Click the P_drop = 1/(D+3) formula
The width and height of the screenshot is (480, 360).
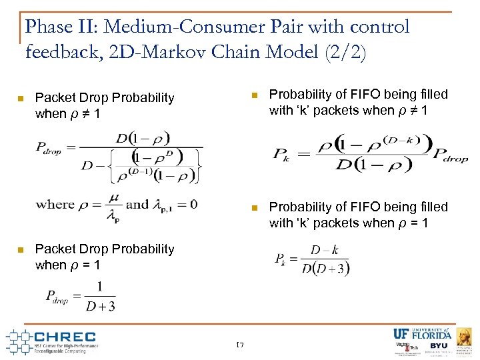pos(80,296)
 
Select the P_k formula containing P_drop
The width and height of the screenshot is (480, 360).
pos(370,154)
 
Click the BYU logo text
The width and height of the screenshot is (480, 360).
pos(439,346)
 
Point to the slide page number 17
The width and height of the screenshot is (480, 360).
pos(240,345)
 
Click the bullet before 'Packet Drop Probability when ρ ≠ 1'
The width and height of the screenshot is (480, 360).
pos(20,99)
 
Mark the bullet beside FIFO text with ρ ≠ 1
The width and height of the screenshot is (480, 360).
pos(255,95)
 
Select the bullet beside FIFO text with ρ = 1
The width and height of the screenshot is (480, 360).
pos(255,208)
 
